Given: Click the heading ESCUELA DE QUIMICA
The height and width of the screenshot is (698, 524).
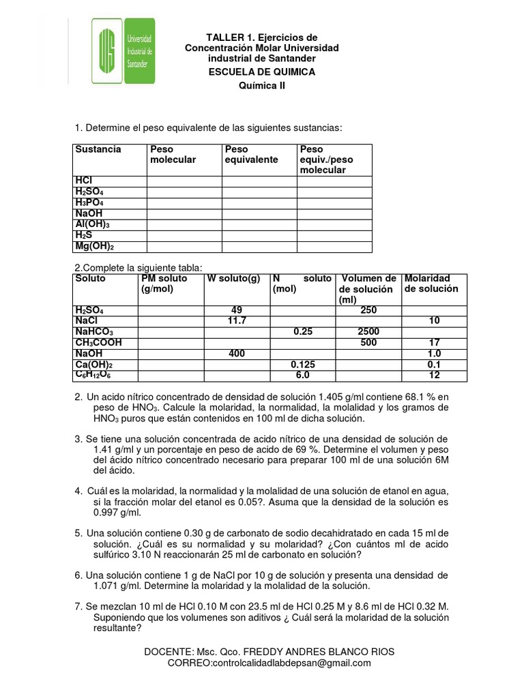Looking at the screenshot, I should tap(262, 72).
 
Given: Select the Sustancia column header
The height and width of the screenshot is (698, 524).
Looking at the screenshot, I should tap(98, 149).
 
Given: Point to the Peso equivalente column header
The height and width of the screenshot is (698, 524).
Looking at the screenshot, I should tap(251, 154).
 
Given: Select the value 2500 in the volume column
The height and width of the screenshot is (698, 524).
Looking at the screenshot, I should tap(368, 331).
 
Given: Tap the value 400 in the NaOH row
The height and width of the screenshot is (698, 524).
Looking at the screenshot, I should tap(237, 354).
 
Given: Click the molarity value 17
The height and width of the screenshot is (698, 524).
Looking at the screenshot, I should tap(435, 343).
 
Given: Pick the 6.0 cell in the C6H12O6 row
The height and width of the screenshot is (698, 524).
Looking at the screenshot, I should tap(302, 376).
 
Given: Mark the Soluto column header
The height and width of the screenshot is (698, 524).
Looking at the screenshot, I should tap(90, 279).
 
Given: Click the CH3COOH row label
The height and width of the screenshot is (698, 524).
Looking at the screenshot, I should tap(99, 343).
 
